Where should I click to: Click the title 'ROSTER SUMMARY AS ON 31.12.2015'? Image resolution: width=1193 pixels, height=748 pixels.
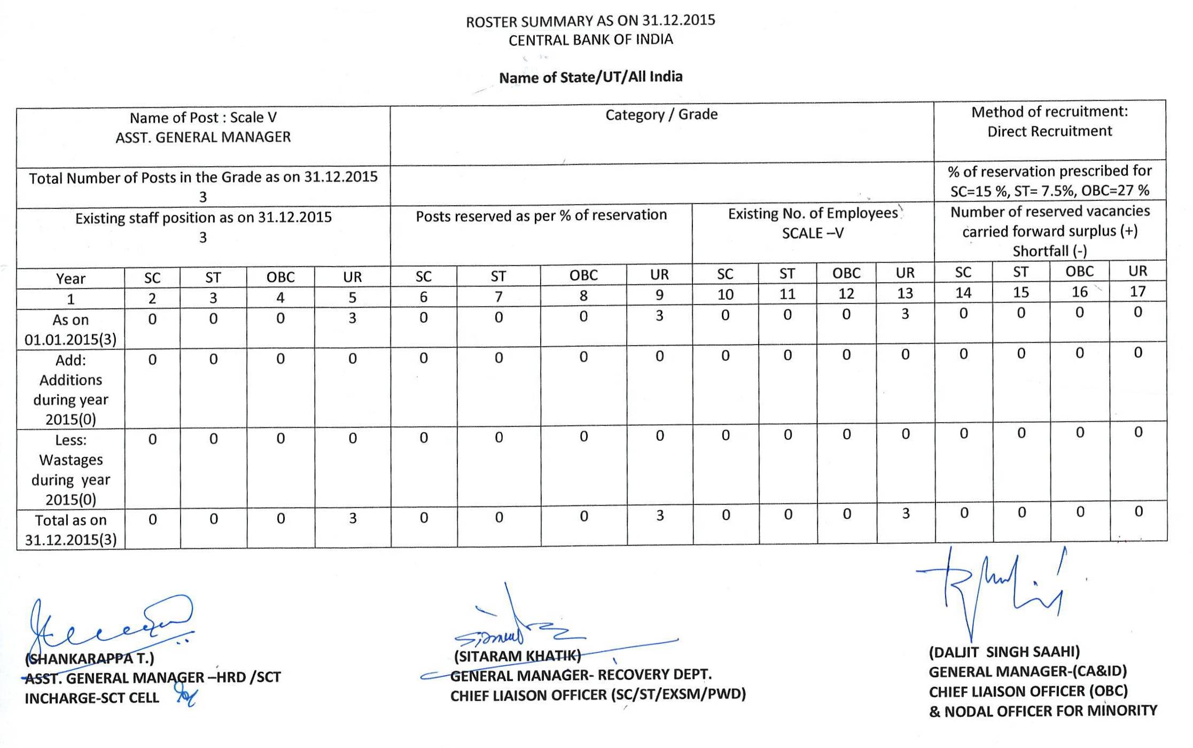click(x=590, y=21)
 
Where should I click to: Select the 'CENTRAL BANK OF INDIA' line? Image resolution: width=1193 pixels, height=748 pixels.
click(x=590, y=40)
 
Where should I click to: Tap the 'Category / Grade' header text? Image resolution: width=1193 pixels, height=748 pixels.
click(x=661, y=114)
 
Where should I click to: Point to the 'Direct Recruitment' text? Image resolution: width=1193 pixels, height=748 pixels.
click(x=1049, y=131)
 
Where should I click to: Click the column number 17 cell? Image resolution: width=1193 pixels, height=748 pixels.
click(x=1137, y=291)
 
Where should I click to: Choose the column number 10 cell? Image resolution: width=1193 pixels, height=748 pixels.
click(x=724, y=294)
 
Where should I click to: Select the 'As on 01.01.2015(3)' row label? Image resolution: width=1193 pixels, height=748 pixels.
click(x=71, y=330)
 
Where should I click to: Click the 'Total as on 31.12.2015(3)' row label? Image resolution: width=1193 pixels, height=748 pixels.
click(x=71, y=529)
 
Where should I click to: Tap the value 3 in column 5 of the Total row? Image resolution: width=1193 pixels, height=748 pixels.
click(x=353, y=518)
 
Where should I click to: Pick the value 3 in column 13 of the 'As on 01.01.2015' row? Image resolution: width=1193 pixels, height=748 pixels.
click(x=905, y=314)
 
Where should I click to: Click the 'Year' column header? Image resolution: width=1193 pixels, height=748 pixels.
click(x=71, y=279)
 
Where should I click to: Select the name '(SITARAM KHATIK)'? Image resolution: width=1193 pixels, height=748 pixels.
click(x=517, y=656)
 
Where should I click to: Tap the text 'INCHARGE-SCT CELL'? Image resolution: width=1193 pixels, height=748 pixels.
click(x=92, y=698)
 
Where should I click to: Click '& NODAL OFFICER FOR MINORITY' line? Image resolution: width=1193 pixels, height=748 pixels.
click(x=1043, y=711)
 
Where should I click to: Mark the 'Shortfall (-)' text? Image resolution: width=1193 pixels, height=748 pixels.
click(x=1049, y=251)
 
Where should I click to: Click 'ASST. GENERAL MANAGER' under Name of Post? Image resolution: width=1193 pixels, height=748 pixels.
click(x=203, y=137)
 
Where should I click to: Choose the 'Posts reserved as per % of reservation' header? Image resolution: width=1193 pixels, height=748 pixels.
click(x=541, y=215)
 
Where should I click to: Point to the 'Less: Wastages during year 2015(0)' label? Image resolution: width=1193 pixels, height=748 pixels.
click(x=71, y=470)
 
